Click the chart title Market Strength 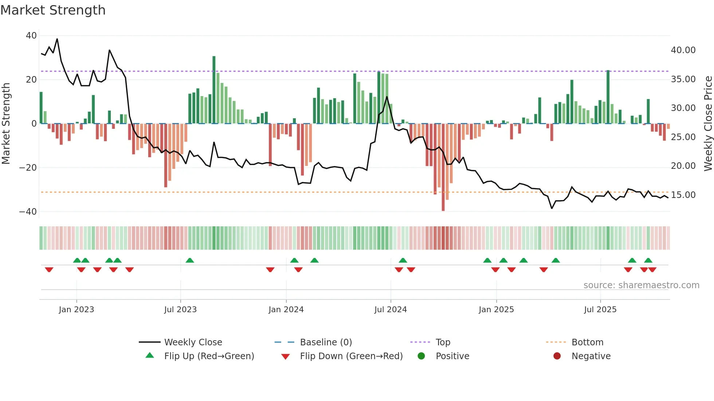coord(53,10)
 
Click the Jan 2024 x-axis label coord(286,310)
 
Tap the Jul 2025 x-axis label coord(600,310)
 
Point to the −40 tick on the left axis coord(28,212)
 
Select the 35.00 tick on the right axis coord(683,79)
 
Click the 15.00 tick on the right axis coord(683,195)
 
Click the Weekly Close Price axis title coord(708,124)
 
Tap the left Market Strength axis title coord(6,124)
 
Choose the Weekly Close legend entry coord(193,342)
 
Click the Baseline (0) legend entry coord(326,342)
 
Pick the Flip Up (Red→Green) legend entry coord(209,356)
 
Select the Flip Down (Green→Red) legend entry coord(351,356)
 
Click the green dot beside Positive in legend coord(421,356)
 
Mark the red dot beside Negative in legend coord(557,356)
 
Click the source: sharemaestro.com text coord(641,285)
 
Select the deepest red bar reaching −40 coord(443,167)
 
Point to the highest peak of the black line coord(57,39)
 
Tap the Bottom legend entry coord(587,342)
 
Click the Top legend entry coord(443,342)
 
